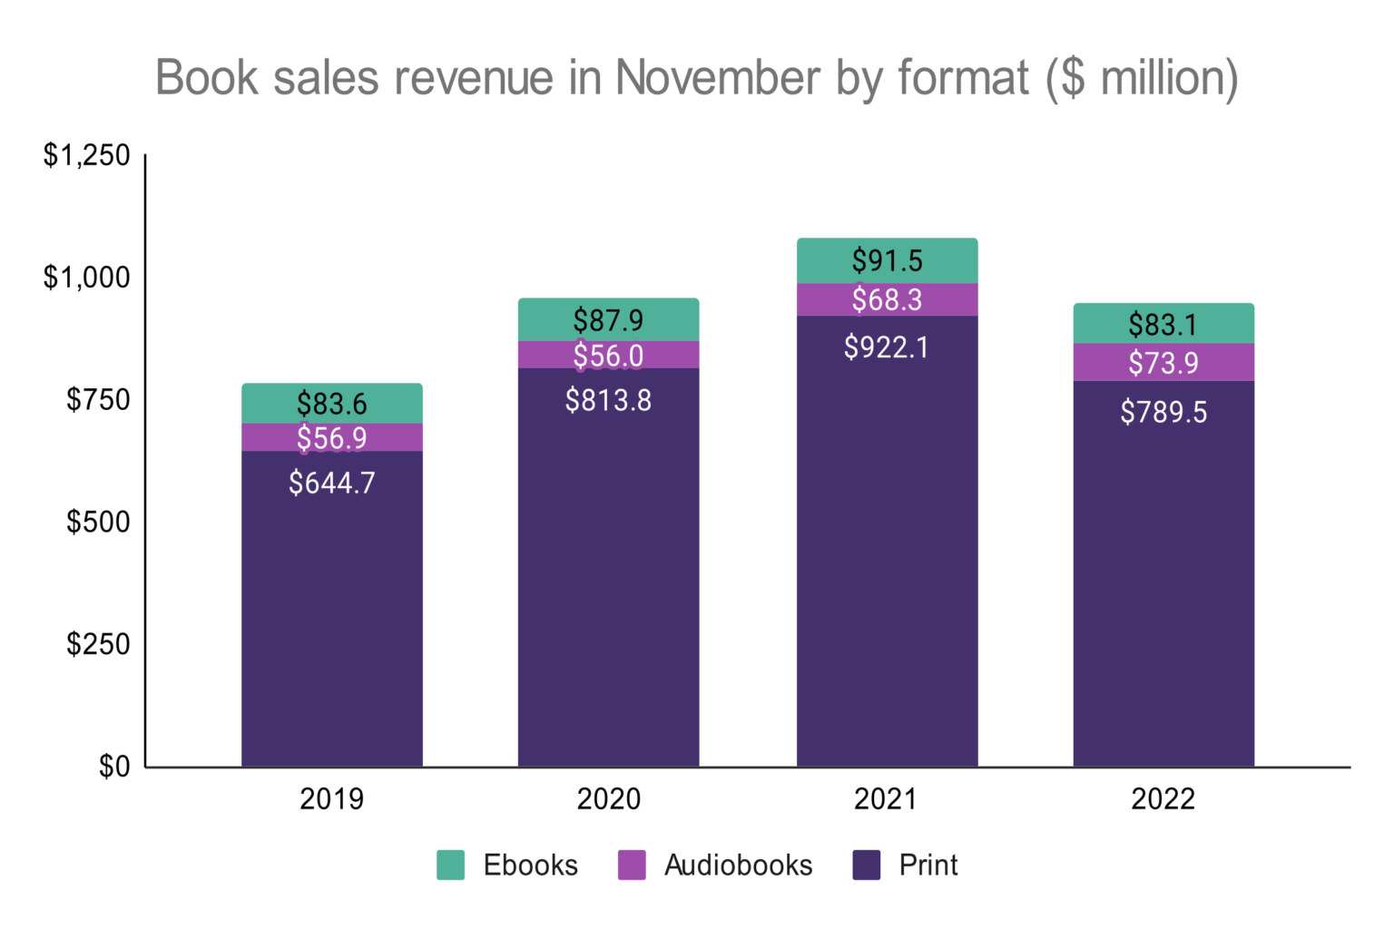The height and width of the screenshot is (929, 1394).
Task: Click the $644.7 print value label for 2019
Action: click(331, 483)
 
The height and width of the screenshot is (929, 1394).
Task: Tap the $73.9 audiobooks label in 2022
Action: click(1163, 363)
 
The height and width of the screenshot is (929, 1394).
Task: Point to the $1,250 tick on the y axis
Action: click(87, 155)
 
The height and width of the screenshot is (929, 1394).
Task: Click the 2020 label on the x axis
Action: click(608, 799)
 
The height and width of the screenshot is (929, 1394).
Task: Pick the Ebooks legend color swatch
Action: click(450, 865)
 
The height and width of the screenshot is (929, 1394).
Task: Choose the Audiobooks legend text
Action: click(738, 865)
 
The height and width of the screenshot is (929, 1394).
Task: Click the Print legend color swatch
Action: click(867, 865)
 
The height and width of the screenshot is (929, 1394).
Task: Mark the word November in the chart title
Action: click(717, 77)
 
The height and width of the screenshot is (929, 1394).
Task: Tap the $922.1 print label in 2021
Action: click(886, 347)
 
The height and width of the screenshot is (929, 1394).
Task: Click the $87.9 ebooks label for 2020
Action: click(608, 320)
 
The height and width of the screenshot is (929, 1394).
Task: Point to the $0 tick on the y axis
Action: click(114, 767)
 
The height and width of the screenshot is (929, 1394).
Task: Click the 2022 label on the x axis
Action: click(1163, 799)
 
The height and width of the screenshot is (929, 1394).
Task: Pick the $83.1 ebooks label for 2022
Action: click(1163, 324)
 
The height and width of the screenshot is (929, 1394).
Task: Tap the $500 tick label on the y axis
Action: click(98, 522)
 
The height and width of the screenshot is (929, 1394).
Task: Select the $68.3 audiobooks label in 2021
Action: click(886, 299)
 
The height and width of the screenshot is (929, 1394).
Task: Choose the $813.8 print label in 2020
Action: click(608, 400)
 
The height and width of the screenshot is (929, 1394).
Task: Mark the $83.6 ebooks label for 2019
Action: click(331, 404)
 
